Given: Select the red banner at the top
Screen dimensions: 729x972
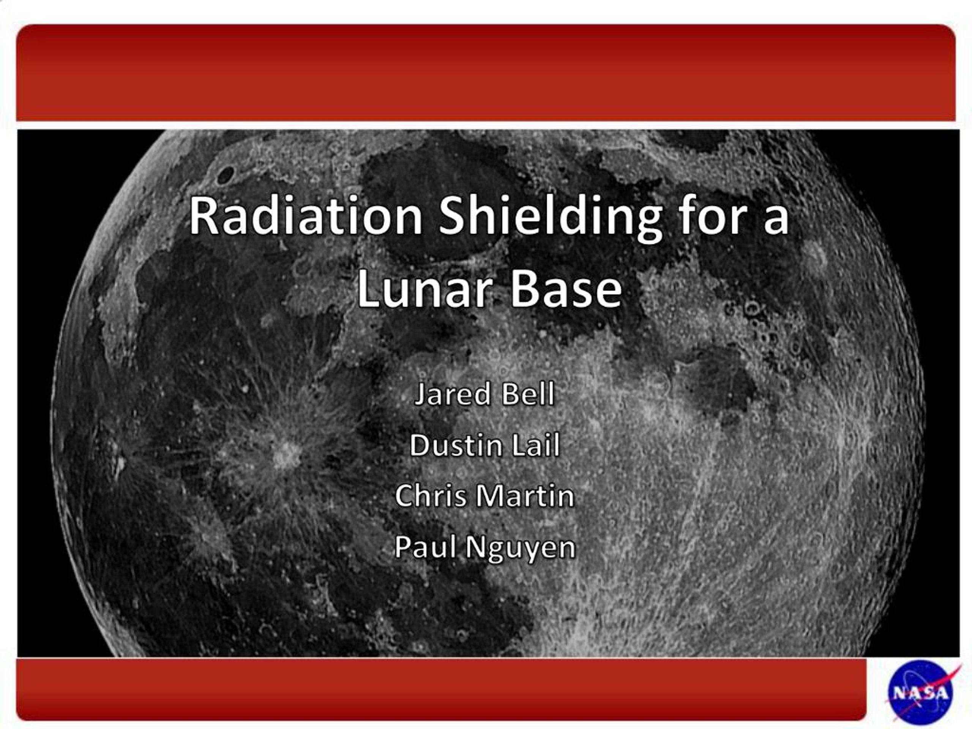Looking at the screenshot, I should click(x=486, y=73).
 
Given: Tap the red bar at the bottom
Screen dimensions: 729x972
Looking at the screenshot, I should click(x=439, y=689).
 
